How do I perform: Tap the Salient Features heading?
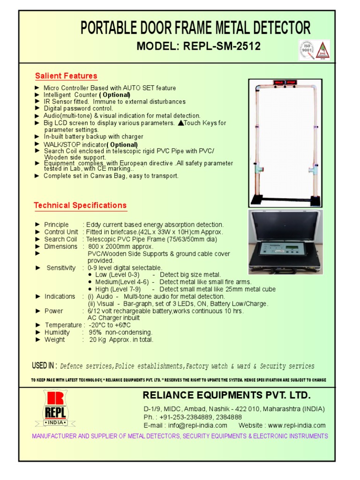66,76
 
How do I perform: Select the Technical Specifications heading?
80,205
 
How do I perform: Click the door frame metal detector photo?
285,143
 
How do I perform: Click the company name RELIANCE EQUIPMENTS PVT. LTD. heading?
227,395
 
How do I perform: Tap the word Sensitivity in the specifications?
61,268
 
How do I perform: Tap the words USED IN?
44,366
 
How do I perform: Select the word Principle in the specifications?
56,225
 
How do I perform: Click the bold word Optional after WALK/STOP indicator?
123,144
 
